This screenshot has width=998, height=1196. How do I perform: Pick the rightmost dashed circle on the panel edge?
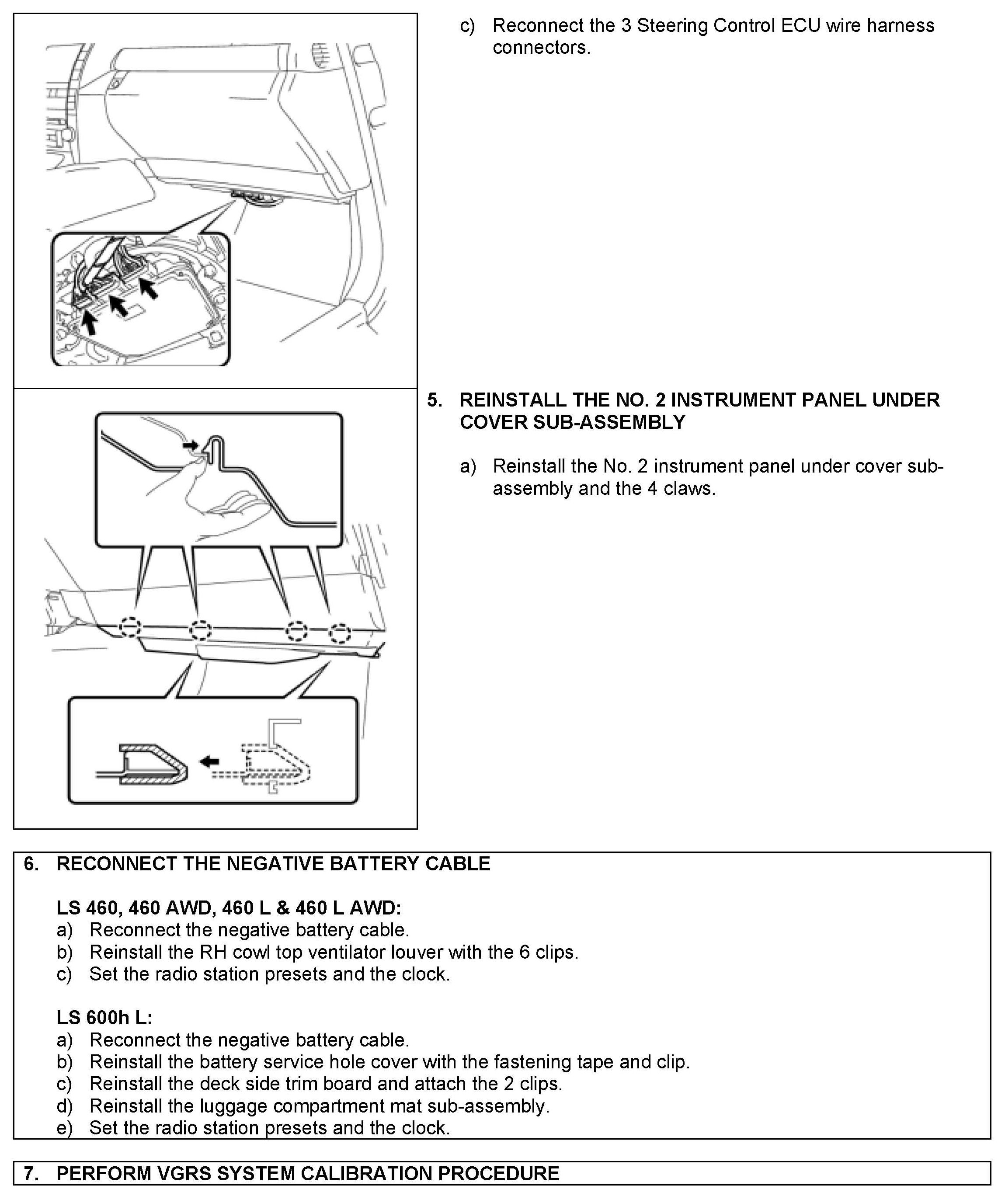coord(340,633)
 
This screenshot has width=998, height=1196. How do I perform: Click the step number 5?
coord(434,400)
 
